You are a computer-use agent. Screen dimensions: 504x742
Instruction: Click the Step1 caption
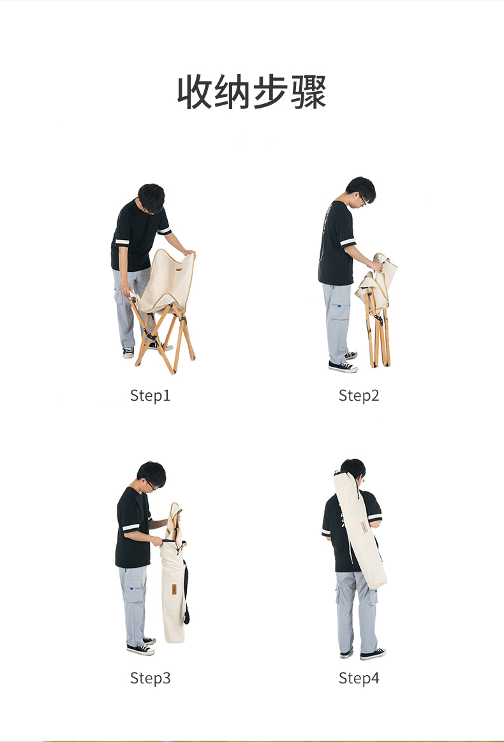click(x=150, y=396)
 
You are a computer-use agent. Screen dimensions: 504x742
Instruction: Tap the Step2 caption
click(x=359, y=396)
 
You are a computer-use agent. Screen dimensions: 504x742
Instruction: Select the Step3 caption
click(x=150, y=678)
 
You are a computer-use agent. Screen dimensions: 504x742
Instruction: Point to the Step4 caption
click(x=359, y=678)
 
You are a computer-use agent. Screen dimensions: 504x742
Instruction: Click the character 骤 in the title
click(x=309, y=92)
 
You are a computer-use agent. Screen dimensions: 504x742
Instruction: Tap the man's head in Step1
click(x=151, y=198)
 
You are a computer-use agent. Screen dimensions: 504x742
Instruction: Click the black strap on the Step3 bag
click(x=186, y=591)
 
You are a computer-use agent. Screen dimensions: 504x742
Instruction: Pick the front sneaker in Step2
click(x=343, y=366)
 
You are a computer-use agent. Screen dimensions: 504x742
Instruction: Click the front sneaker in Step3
click(x=140, y=649)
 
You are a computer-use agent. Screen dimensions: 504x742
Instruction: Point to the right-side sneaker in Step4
click(x=373, y=654)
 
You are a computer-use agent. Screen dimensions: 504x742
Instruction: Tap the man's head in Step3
click(x=151, y=475)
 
